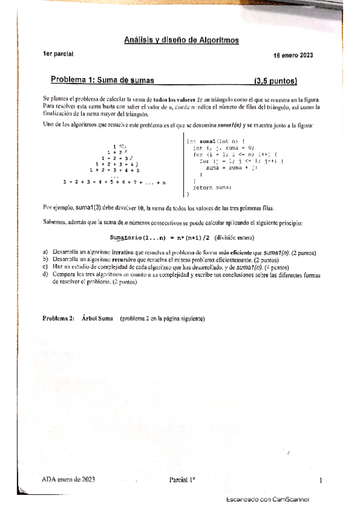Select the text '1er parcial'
click(58, 54)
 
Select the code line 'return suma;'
click(212, 188)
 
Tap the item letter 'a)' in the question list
click(46, 252)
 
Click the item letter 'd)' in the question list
click(46, 275)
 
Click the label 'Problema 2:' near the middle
click(59, 318)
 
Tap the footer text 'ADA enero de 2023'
click(69, 480)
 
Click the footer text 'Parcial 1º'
click(183, 480)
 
